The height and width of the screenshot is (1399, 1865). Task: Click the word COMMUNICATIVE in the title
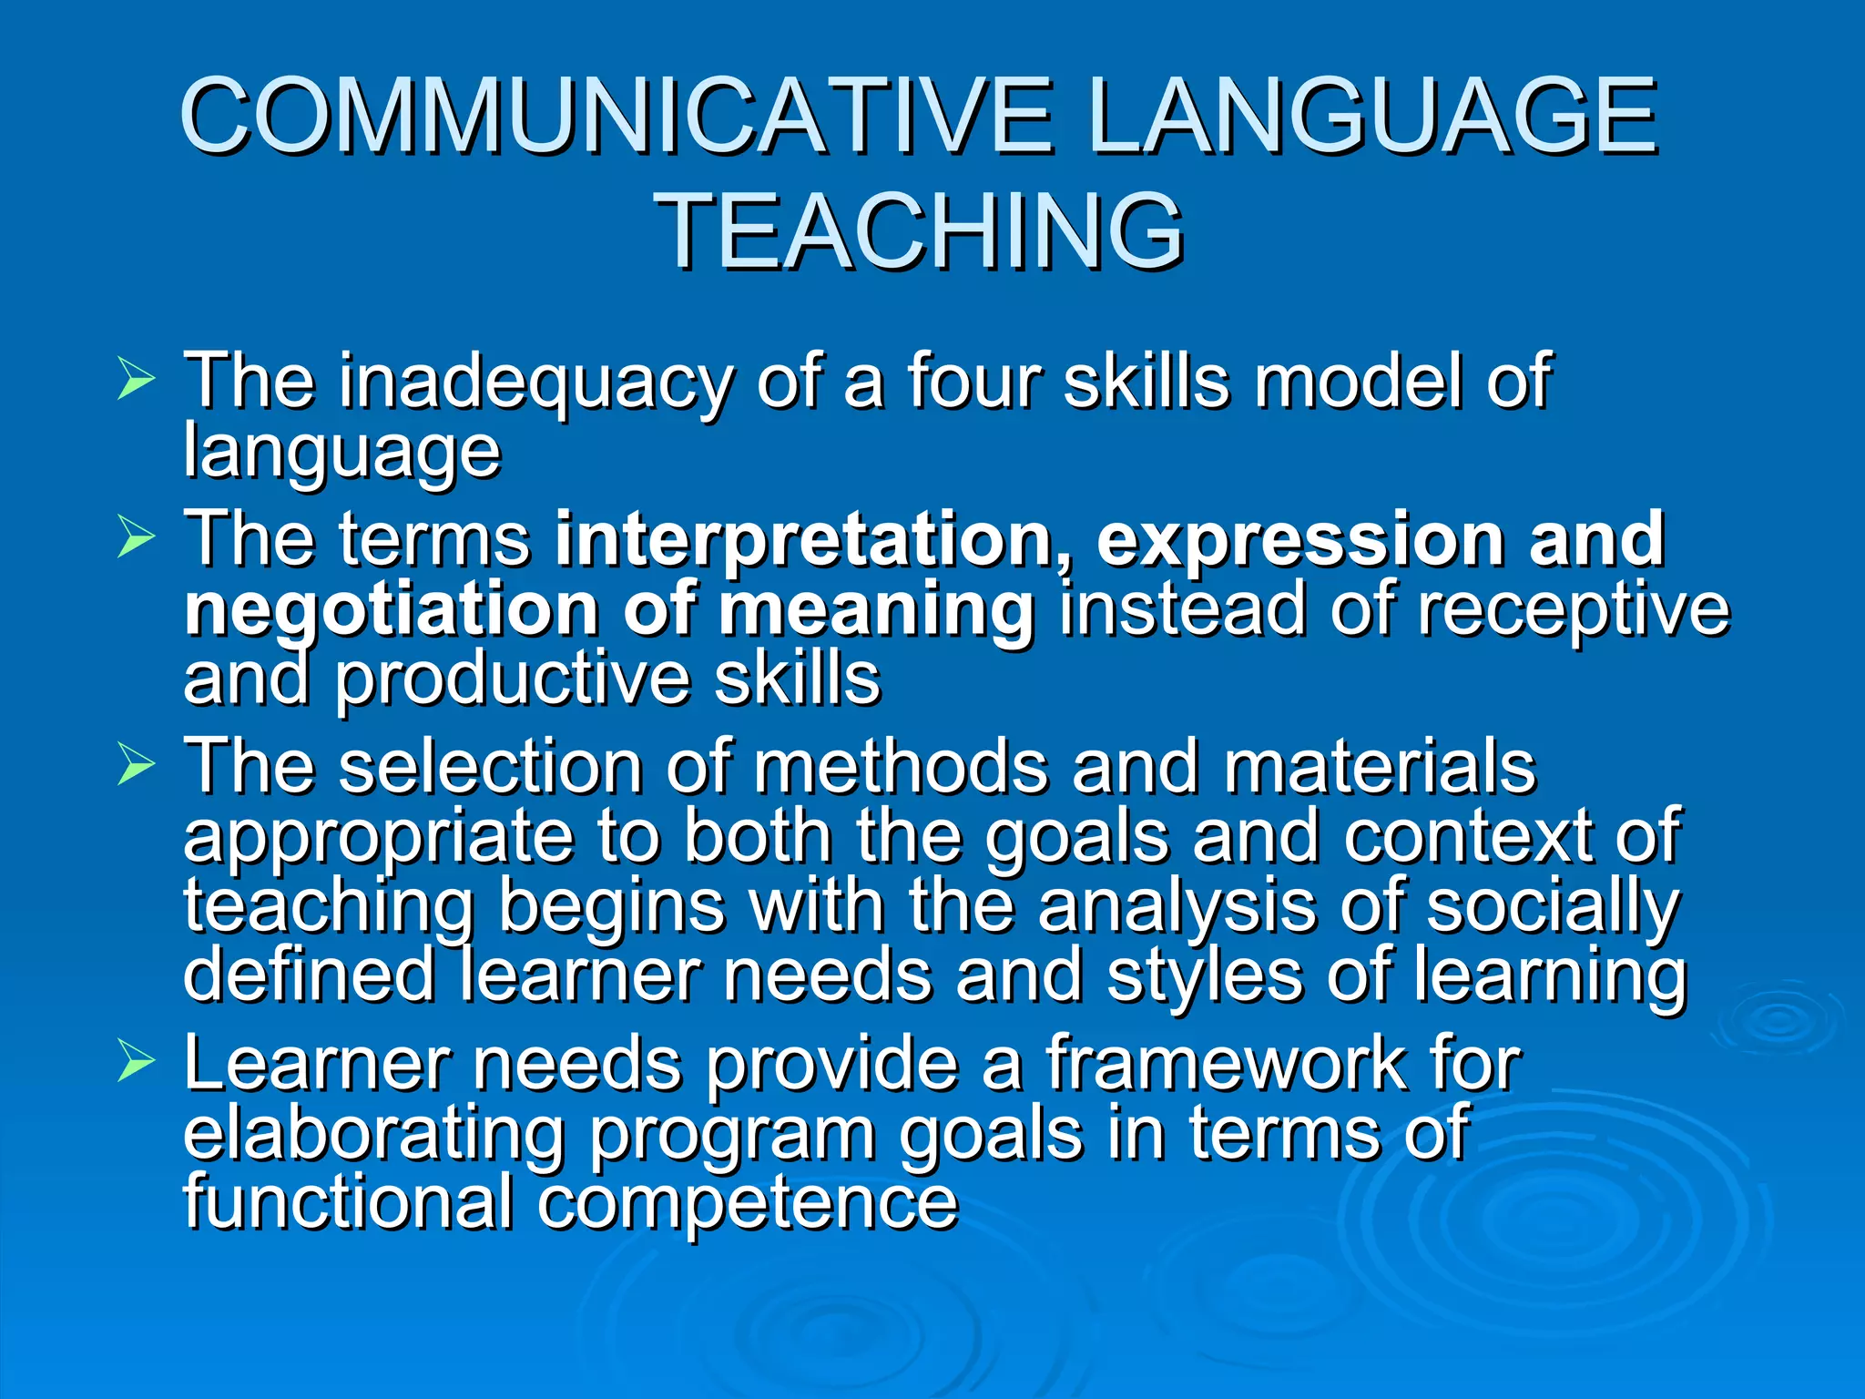[617, 117]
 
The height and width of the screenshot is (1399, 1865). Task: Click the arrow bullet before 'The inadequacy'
[136, 380]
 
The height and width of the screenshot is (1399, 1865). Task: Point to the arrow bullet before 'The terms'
[136, 538]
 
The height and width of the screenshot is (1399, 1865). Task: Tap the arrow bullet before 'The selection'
[136, 766]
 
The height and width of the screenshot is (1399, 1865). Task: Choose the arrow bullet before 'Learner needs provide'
[136, 1063]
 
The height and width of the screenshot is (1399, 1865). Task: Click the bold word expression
[1299, 539]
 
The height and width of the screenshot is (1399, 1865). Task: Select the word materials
[1379, 767]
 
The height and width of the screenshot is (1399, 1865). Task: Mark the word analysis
[1176, 907]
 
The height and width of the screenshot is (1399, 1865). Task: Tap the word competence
[747, 1202]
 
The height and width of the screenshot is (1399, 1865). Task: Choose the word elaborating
[374, 1135]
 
